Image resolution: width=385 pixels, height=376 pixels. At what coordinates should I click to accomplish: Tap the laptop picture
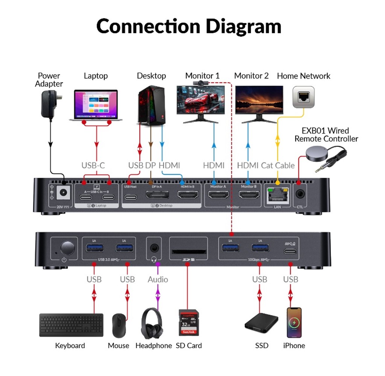pyautogui.click(x=96, y=105)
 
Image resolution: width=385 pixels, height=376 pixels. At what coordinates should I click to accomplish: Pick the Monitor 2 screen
pyautogui.click(x=259, y=100)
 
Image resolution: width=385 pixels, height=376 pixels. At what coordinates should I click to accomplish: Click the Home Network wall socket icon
pyautogui.click(x=303, y=97)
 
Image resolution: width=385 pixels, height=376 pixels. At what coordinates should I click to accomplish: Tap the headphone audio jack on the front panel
pyautogui.click(x=154, y=248)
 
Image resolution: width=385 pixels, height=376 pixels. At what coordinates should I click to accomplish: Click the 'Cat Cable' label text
pyautogui.click(x=279, y=165)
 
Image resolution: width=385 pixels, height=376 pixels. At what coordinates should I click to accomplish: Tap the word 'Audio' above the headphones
pyautogui.click(x=158, y=279)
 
